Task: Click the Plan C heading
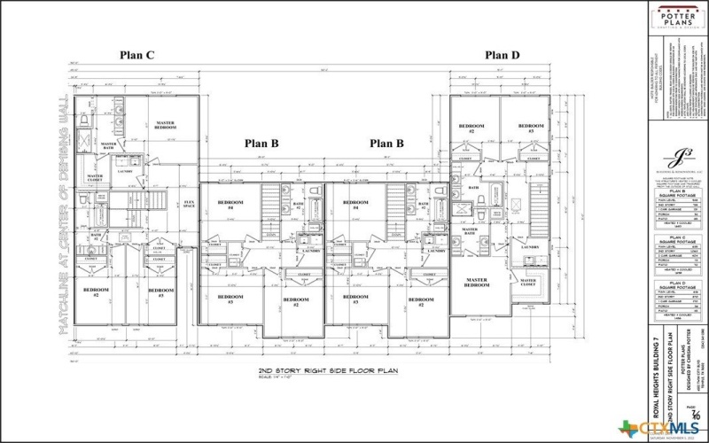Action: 137,55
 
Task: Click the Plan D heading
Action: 503,55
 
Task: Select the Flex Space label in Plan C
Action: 188,205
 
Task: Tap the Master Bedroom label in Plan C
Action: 164,125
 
